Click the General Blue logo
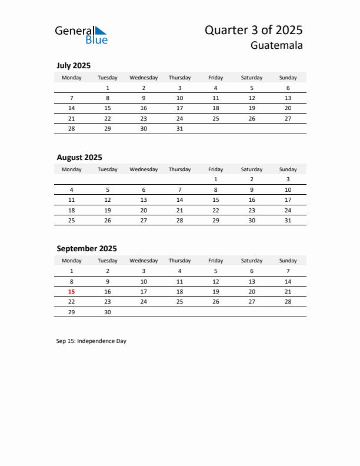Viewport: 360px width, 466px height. (81, 35)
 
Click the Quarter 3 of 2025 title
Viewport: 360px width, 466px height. (254, 30)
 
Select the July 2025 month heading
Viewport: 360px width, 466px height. (74, 66)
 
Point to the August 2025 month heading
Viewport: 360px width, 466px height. (79, 157)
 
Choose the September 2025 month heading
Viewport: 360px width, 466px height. (86, 248)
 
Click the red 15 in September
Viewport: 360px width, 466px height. (72, 291)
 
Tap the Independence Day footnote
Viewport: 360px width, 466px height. (91, 341)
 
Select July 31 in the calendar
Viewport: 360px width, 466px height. (179, 128)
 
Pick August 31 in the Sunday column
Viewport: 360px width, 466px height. (288, 220)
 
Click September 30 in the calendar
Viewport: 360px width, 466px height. (108, 312)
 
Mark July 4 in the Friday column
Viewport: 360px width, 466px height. (216, 88)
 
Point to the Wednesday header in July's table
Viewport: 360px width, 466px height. (144, 78)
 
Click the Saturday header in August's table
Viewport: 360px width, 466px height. (252, 169)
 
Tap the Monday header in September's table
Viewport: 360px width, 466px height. (72, 261)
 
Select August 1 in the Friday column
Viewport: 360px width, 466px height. (216, 179)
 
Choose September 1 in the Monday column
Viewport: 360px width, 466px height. (72, 271)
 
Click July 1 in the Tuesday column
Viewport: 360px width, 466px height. (108, 88)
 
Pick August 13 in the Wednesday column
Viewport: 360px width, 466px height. (144, 199)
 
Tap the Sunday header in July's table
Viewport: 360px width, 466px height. (288, 78)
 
